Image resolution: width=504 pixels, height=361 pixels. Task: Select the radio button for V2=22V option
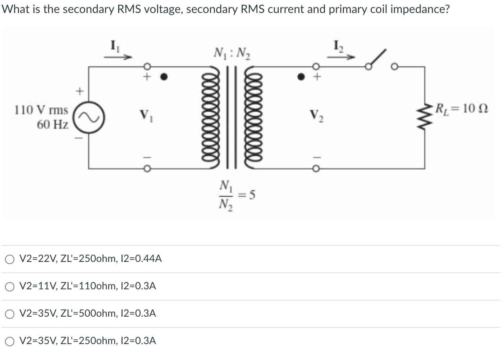tap(10, 259)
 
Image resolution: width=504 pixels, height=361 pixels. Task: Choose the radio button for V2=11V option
tap(10, 286)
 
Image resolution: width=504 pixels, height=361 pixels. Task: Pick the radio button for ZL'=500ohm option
tap(10, 314)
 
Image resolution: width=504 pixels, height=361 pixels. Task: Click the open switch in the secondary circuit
tap(377, 59)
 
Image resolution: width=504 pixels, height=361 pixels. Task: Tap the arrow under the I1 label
tap(118, 57)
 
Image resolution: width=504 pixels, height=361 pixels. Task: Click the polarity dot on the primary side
tap(164, 77)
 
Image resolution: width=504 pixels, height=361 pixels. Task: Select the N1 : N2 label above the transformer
tap(232, 54)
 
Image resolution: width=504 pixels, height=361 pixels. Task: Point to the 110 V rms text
tap(41, 110)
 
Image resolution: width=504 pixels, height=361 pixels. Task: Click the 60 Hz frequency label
tap(52, 125)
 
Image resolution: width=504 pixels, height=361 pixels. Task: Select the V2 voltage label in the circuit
tap(317, 117)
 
